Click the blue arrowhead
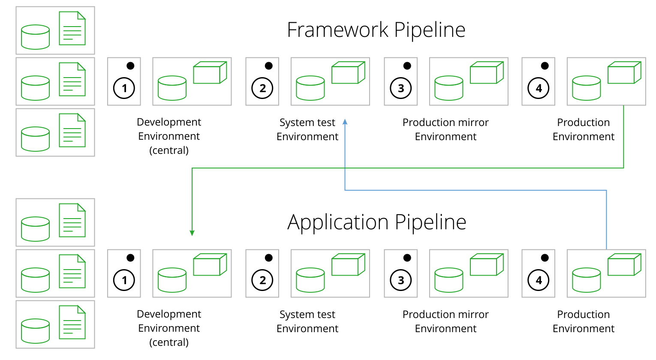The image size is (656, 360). pyautogui.click(x=345, y=122)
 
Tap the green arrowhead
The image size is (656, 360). pyautogui.click(x=192, y=233)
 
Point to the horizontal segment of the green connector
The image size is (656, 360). pyautogui.click(x=407, y=168)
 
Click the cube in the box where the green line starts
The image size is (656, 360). pyautogui.click(x=624, y=73)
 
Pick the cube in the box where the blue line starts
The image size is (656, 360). pyautogui.click(x=624, y=265)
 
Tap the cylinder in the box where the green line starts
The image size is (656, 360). pyautogui.click(x=586, y=88)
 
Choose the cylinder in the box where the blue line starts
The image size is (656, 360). pyautogui.click(x=586, y=280)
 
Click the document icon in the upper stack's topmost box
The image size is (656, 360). pyautogui.click(x=72, y=28)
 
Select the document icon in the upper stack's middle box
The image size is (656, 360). pyautogui.click(x=72, y=79)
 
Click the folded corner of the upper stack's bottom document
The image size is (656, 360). pyautogui.click(x=81, y=117)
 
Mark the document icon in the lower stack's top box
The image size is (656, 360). pyautogui.click(x=72, y=220)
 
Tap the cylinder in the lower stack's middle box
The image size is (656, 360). pyautogui.click(x=35, y=280)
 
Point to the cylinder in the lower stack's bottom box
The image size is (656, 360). pyautogui.click(x=35, y=331)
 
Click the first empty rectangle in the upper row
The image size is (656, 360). pyautogui.click(x=124, y=81)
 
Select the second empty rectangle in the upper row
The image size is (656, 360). pyautogui.click(x=262, y=81)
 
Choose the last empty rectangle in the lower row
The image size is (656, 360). pyautogui.click(x=538, y=273)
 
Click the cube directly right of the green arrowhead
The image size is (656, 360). pyautogui.click(x=210, y=265)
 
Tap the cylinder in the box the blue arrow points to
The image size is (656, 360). pyautogui.click(x=310, y=88)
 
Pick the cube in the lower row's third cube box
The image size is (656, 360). pyautogui.click(x=486, y=265)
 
